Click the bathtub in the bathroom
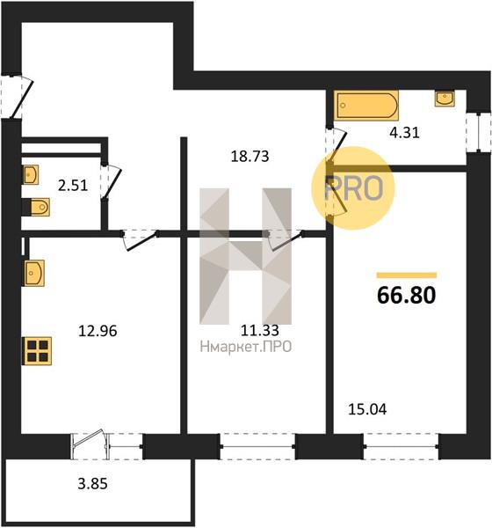click(366, 105)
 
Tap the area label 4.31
click(404, 133)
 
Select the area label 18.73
click(250, 157)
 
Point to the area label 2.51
click(73, 185)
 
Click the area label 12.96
click(98, 331)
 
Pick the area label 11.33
click(260, 330)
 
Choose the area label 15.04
click(367, 409)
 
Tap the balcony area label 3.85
click(92, 483)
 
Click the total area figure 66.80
click(406, 295)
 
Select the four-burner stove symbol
click(37, 351)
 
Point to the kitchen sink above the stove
click(33, 273)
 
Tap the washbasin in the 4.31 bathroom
click(445, 99)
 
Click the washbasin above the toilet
click(31, 174)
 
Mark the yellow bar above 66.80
click(406, 275)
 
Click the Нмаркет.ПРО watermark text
click(245, 347)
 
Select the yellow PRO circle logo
click(352, 188)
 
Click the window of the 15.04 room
click(401, 446)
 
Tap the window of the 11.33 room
click(257, 446)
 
